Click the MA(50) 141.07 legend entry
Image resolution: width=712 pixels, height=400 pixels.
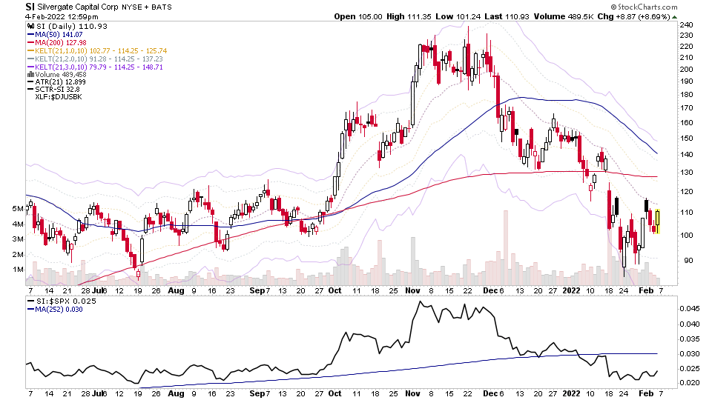(56, 34)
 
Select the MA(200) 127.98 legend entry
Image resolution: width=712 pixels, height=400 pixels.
(58, 42)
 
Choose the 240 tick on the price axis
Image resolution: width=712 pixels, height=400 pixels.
(686, 24)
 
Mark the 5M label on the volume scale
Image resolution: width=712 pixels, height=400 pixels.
(16, 209)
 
